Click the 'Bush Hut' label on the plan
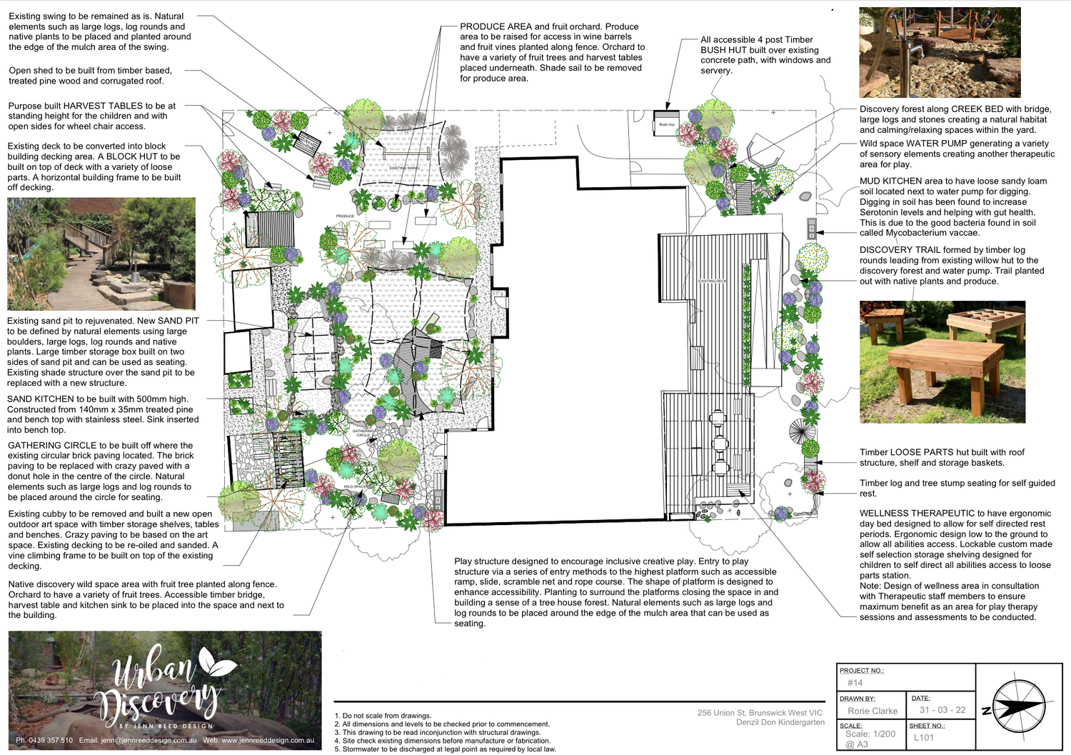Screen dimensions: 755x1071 click(x=666, y=124)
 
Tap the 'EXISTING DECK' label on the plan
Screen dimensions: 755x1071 click(x=712, y=281)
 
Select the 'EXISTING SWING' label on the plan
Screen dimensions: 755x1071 click(x=404, y=169)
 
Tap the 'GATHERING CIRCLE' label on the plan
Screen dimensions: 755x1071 click(x=363, y=433)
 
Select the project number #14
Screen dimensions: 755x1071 click(x=855, y=683)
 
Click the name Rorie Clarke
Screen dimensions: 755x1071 click(x=872, y=711)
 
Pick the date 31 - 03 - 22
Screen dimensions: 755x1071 click(x=942, y=710)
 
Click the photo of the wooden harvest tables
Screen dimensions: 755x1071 click(x=942, y=361)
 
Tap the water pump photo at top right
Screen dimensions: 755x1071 click(x=940, y=52)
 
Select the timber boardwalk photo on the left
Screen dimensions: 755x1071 click(x=101, y=254)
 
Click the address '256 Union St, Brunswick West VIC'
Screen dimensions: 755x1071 click(x=760, y=713)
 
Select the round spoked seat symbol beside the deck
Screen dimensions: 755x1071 click(x=801, y=431)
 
